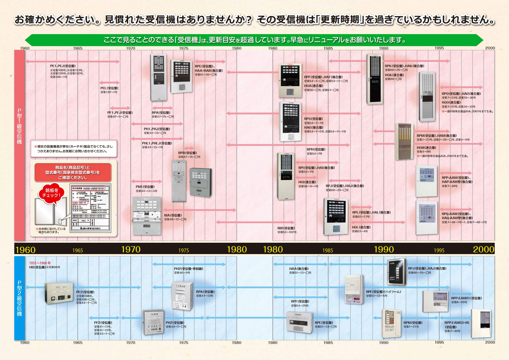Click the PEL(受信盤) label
pos(109,88)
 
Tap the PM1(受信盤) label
pos(145,187)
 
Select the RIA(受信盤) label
pos(173,215)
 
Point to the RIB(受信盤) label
pos(286,228)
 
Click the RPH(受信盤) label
pos(316,149)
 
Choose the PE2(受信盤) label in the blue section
pos(85,292)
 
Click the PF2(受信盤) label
pos(103,323)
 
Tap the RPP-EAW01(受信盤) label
pos(466,298)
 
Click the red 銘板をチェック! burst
pos(51,193)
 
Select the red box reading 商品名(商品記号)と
pos(73,172)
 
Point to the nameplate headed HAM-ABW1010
pos(90,208)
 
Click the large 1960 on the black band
pos(25,250)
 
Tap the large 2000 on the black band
pos(483,249)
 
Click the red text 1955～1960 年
pos(40,263)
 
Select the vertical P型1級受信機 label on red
pos(20,126)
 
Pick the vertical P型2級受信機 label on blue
pos(20,298)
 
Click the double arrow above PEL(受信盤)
pos(109,83)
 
